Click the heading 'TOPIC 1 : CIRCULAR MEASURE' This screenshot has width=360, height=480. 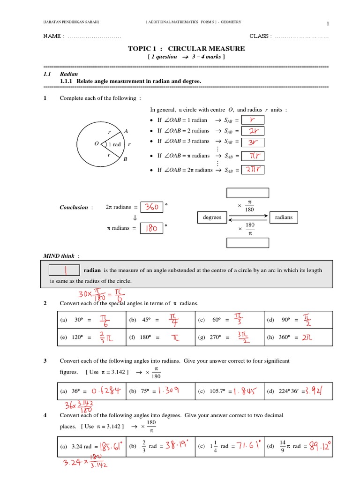[x=187, y=49]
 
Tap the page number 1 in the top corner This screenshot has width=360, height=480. [x=328, y=24]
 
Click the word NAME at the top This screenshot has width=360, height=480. [x=52, y=37]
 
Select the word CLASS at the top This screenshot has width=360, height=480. [x=259, y=37]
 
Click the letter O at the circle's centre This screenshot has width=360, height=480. [x=97, y=144]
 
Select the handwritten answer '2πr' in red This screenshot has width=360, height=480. [x=253, y=170]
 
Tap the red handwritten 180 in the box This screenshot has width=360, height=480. [x=150, y=228]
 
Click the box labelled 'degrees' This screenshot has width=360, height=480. [x=212, y=217]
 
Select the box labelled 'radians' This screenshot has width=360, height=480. [x=284, y=217]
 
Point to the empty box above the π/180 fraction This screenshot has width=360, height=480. [x=247, y=193]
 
